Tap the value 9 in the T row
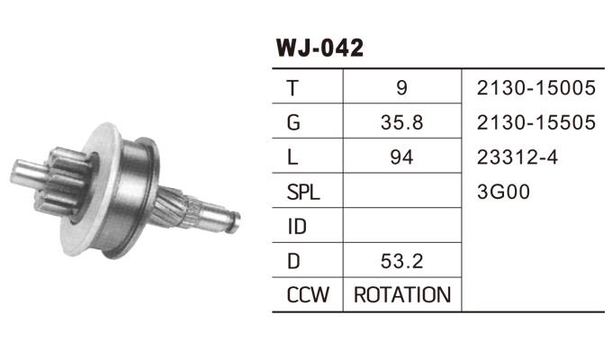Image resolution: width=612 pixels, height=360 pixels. pos(401,88)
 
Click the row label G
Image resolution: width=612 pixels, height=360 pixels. pos(293,122)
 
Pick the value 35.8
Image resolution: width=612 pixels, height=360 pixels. pos(401,122)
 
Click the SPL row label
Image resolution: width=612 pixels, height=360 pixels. pos(302,192)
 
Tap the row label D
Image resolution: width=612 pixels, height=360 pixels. pos(293,260)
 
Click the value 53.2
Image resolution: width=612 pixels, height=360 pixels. pos(401,260)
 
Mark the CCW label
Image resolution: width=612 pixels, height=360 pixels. pos(306,294)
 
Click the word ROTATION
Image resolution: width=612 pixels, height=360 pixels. pos(401,294)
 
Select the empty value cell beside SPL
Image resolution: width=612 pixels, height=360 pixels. pos(401,192)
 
